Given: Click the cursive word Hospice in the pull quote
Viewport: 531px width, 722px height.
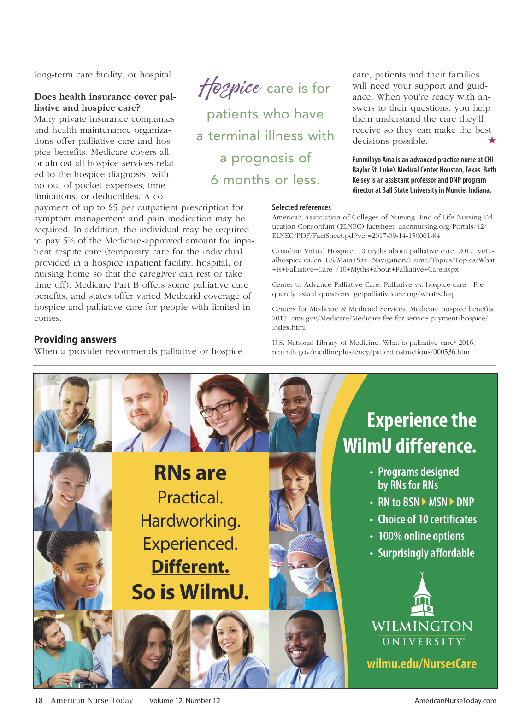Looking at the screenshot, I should point(230,88).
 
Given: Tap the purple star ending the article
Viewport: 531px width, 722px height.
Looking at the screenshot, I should point(492,140).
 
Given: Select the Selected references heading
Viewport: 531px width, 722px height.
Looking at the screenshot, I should point(301,207).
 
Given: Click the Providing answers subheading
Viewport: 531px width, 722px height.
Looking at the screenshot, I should point(75,340).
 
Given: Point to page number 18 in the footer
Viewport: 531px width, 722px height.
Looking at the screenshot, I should point(38,701).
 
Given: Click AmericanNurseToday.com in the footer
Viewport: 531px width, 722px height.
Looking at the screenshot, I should point(455,701).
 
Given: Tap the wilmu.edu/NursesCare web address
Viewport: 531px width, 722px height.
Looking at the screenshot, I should point(421,664).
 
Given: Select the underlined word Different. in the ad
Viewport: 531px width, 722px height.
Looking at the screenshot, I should point(190,567).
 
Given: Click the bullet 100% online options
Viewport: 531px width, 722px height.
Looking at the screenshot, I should point(421,536).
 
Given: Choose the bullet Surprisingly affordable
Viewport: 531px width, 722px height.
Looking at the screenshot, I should point(426,553).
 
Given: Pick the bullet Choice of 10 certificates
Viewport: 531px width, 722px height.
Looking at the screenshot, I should point(427,520).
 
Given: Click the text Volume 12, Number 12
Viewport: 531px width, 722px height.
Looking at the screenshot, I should point(184,701).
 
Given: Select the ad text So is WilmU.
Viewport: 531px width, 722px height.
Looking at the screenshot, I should point(190,592).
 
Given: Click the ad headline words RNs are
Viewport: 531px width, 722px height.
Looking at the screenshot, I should point(190,473).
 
